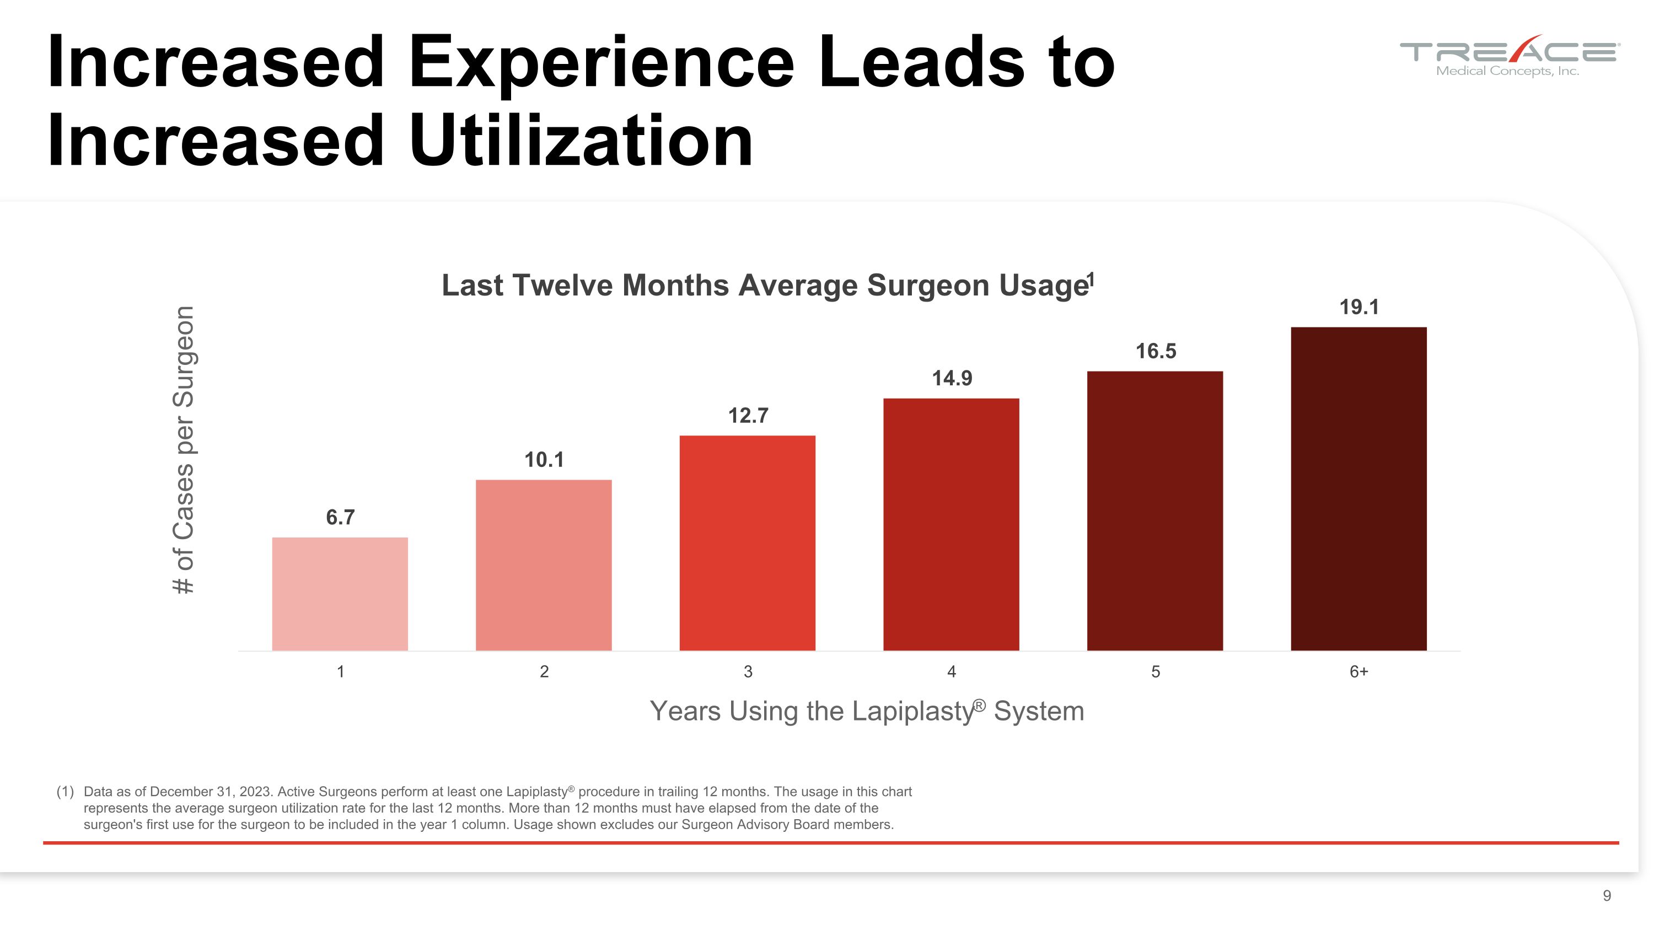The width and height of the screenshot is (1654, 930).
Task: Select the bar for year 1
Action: pyautogui.click(x=340, y=594)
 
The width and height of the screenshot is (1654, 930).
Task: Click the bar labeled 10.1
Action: pyautogui.click(x=543, y=565)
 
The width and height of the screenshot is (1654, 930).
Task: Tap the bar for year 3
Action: pyautogui.click(x=748, y=543)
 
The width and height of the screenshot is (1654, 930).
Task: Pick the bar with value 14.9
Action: pyautogui.click(x=951, y=524)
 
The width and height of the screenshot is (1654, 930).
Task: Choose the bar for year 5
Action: pyautogui.click(x=1154, y=511)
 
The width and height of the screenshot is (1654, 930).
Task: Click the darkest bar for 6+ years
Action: pyautogui.click(x=1358, y=488)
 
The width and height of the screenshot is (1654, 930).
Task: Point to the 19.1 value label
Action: pyautogui.click(x=1358, y=308)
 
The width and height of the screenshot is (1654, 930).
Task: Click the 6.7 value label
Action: pyautogui.click(x=340, y=517)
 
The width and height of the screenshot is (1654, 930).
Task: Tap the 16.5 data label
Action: pyautogui.click(x=1155, y=351)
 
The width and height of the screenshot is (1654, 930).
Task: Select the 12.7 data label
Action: pyautogui.click(x=748, y=416)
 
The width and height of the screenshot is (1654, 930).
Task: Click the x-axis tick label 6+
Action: pyautogui.click(x=1358, y=671)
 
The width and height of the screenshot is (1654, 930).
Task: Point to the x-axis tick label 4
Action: pyautogui.click(x=952, y=671)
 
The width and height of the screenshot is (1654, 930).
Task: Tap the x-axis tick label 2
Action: pyautogui.click(x=544, y=671)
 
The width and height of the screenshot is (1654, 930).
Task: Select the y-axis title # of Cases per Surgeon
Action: pyautogui.click(x=184, y=449)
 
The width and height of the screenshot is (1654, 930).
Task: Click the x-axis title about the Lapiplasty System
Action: pyautogui.click(x=867, y=711)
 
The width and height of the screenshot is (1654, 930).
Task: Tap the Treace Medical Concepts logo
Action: pyautogui.click(x=1509, y=56)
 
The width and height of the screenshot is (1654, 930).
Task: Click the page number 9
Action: pyautogui.click(x=1607, y=895)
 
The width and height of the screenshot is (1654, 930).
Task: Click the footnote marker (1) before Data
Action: pyautogui.click(x=65, y=792)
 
